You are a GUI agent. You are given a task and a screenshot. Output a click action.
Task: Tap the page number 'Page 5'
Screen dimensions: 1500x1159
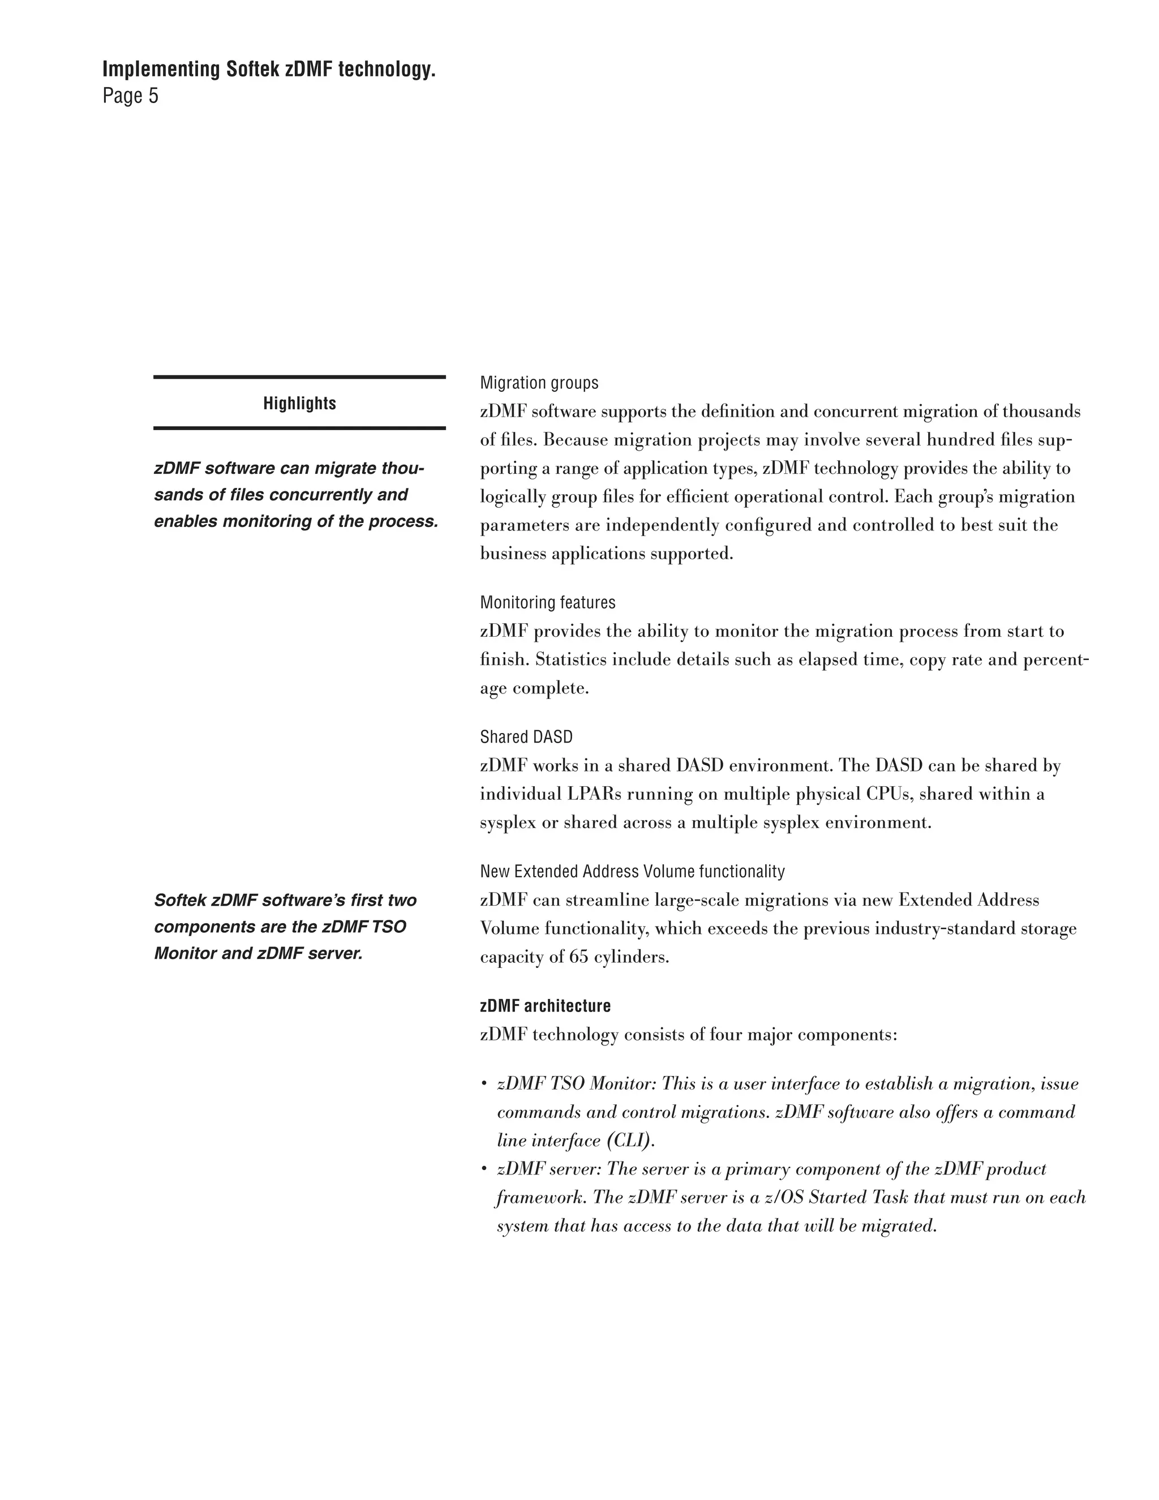click(131, 96)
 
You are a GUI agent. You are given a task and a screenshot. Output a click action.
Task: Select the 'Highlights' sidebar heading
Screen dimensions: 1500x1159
click(299, 403)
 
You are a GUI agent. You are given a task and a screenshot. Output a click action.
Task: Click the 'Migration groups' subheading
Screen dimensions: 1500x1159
click(539, 383)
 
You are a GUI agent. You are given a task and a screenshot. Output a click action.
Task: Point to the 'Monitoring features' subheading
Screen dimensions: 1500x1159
click(547, 602)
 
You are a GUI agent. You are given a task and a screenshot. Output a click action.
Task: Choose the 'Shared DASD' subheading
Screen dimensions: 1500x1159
click(526, 737)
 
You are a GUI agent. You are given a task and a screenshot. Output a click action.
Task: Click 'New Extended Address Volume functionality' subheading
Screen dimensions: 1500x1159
click(632, 872)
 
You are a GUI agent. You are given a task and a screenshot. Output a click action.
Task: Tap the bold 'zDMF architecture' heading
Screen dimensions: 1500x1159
click(545, 1006)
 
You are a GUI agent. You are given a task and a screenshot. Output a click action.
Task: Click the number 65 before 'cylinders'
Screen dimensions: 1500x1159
click(579, 957)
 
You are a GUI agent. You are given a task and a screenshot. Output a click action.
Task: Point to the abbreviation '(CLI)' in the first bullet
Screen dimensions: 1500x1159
click(630, 1141)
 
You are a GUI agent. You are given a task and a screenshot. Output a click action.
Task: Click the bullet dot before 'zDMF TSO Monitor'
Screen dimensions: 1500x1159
click(484, 1085)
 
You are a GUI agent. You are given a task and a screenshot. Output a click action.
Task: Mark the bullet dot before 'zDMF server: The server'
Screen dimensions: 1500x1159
click(484, 1169)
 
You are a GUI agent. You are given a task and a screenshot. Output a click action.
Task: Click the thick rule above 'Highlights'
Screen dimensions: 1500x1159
click(299, 377)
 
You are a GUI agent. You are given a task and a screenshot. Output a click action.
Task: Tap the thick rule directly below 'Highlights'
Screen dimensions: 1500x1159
click(299, 428)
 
